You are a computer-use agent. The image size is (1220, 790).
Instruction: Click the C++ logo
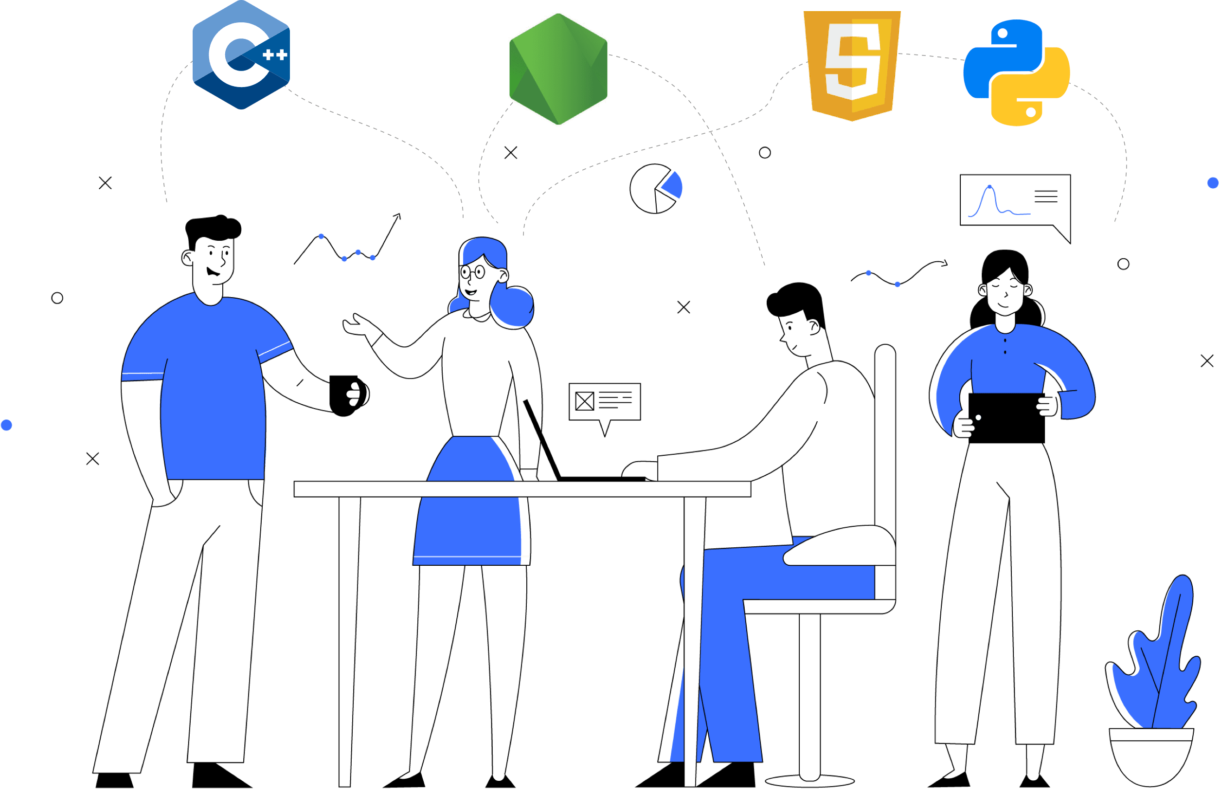(241, 55)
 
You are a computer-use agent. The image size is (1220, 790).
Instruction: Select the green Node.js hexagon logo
(558, 69)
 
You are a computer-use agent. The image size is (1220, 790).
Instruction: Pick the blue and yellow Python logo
(1017, 73)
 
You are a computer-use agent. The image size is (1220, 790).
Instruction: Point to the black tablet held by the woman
(1006, 418)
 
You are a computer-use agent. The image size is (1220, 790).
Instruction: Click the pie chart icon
(655, 189)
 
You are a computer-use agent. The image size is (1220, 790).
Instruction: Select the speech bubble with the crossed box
(604, 402)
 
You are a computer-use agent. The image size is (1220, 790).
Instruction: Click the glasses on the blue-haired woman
(473, 272)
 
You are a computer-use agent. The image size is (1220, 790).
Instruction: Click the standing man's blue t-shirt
(213, 390)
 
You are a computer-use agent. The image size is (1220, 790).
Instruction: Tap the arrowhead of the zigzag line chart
(398, 216)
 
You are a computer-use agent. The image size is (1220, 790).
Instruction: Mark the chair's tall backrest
(885, 436)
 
